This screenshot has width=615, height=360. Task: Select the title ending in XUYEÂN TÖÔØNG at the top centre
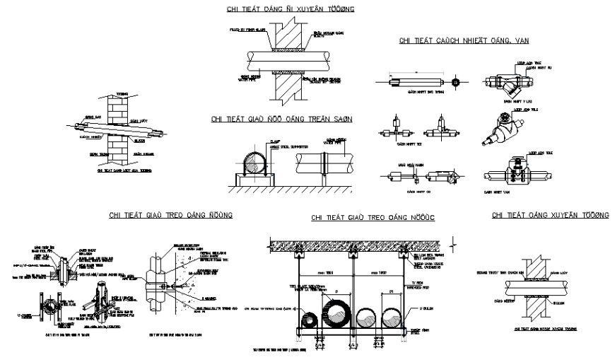(x=281, y=9)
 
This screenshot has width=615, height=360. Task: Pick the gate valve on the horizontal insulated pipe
(x=516, y=173)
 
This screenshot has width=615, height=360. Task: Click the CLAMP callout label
(x=275, y=142)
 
